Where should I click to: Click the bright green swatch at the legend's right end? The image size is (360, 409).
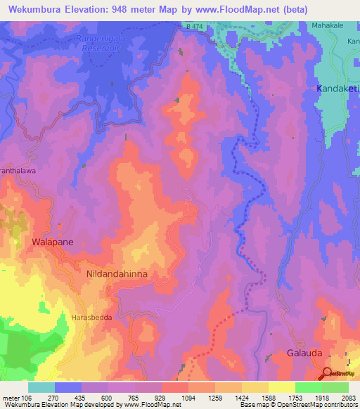[335, 387]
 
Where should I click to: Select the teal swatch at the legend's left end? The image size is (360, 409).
[41, 387]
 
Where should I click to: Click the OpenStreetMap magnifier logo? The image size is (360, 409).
[328, 372]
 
